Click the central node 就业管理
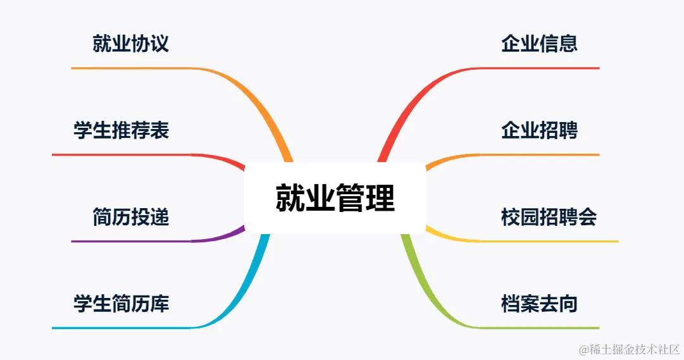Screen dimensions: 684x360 point(335,198)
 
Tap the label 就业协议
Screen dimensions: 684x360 point(130,44)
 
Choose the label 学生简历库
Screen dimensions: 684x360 point(121,304)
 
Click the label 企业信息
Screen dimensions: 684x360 point(539,44)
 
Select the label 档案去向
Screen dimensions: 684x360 point(539,304)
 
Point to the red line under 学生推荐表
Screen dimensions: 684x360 point(120,154)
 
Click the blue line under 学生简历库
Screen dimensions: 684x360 point(120,328)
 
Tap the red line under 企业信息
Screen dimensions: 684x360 point(538,68)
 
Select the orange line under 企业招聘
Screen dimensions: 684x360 point(538,154)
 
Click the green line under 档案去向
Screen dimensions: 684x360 point(538,328)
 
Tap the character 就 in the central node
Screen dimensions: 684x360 point(290,198)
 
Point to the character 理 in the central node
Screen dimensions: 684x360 point(380,198)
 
